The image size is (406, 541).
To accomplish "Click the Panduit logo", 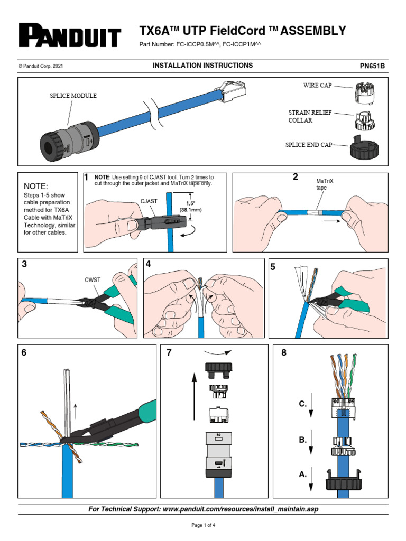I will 70,35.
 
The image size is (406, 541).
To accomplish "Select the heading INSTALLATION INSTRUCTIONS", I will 202,66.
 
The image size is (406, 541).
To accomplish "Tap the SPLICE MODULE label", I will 73,96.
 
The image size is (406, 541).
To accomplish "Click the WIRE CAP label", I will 317,85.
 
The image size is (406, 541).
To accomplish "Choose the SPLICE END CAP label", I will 309,145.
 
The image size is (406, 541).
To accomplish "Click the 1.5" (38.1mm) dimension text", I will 195,206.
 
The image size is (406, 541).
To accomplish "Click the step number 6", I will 24,353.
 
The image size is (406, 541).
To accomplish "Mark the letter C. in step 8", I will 302,404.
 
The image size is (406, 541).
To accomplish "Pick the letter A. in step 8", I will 302,474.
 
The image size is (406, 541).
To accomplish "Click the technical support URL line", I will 203,509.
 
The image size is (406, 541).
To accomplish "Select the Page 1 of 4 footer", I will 203,525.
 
